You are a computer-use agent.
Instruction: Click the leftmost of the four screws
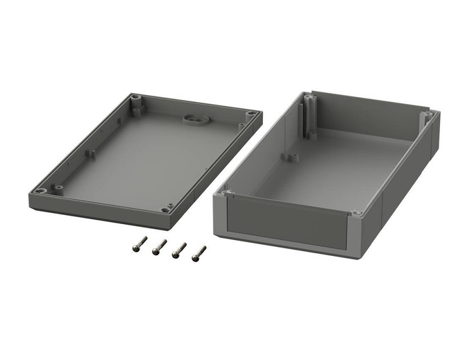139,243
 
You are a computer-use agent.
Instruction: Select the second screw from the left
160,246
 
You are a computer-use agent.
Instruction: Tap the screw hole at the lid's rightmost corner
251,112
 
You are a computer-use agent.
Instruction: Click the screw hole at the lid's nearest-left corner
42,190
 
